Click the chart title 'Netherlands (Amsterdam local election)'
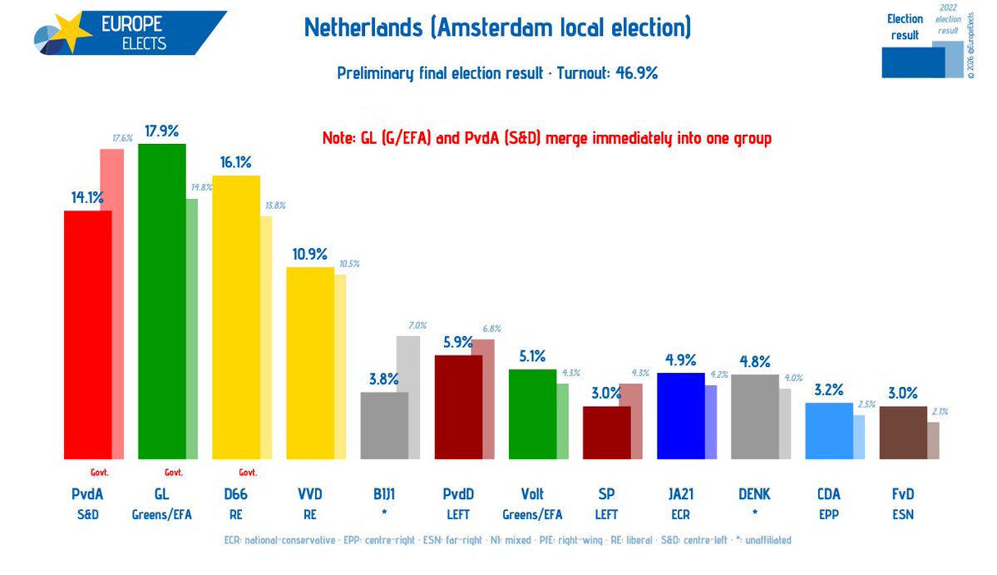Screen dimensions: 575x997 (x=497, y=28)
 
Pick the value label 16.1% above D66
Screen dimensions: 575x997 (x=234, y=162)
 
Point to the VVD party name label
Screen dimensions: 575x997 (x=309, y=494)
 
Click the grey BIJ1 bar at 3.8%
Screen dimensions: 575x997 (x=383, y=425)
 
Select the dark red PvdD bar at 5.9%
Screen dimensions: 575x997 (x=457, y=407)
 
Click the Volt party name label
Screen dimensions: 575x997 (x=532, y=494)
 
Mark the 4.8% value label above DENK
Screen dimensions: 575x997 (x=755, y=362)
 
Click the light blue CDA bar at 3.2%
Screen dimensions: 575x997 (x=828, y=430)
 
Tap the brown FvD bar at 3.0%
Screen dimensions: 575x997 (x=902, y=432)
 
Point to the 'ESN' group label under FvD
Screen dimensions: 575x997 (x=902, y=514)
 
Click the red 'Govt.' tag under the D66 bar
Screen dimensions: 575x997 (x=249, y=472)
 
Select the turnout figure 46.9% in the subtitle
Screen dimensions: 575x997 (x=637, y=73)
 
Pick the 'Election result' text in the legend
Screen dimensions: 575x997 (x=905, y=27)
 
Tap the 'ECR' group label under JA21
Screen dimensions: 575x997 (x=680, y=514)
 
